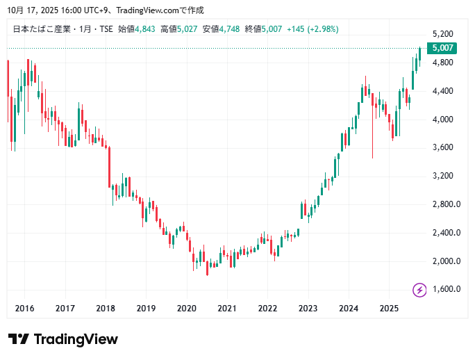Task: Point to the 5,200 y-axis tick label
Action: [442, 34]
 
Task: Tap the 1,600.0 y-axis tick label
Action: [446, 289]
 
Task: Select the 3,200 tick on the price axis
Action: [442, 176]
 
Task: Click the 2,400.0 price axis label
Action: [446, 233]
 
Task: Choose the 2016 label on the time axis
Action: [24, 308]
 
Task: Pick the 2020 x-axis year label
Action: [187, 308]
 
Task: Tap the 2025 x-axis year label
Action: [390, 308]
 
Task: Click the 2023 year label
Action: [308, 308]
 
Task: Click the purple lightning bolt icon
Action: [419, 290]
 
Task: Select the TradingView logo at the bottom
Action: [63, 339]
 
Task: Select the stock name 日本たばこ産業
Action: [39, 29]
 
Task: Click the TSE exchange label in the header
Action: [104, 29]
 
